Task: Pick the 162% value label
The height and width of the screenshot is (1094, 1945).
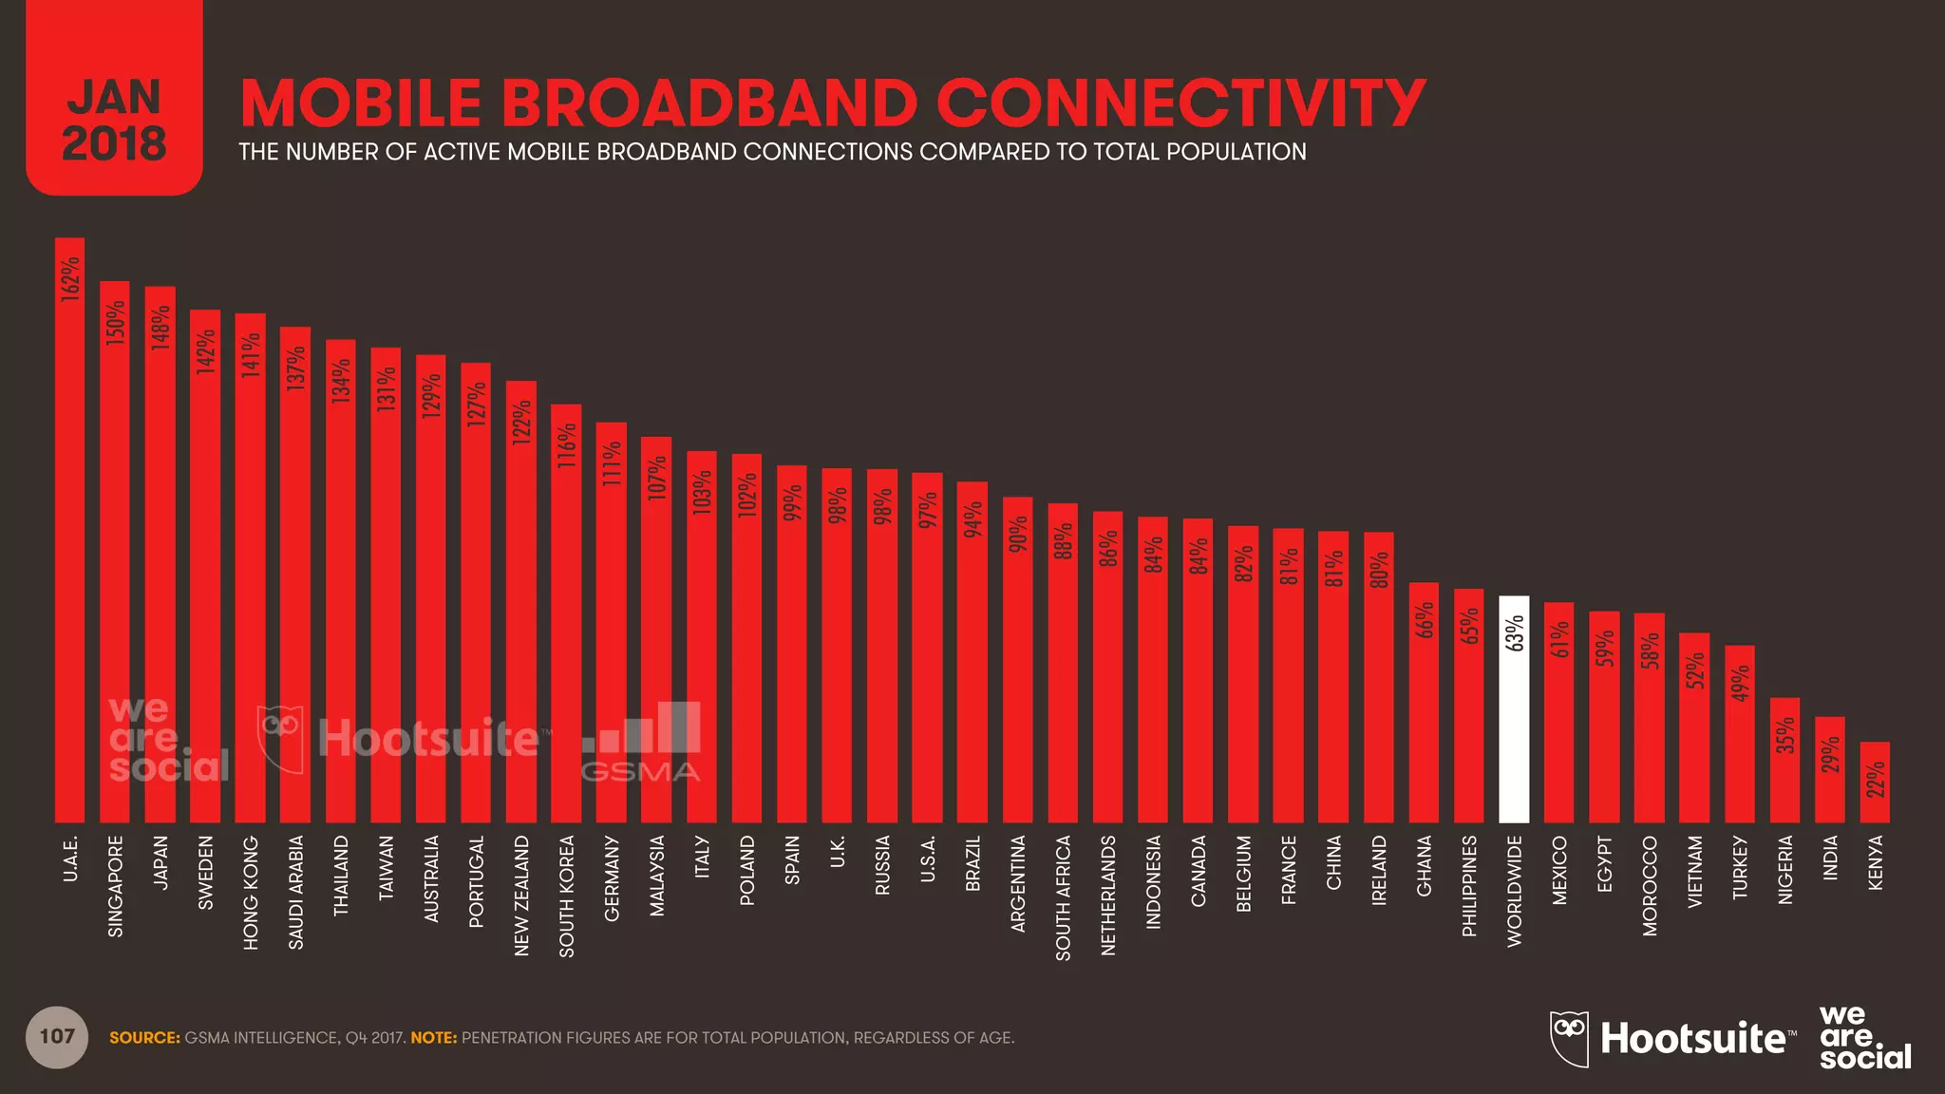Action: point(70,279)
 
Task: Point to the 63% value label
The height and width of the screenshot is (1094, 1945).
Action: point(1515,633)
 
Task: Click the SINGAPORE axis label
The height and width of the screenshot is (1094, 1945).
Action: point(115,885)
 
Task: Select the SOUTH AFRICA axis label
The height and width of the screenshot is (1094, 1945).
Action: point(1063,897)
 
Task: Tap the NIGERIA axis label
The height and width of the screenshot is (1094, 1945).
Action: point(1785,869)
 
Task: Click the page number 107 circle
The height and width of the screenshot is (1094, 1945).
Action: point(57,1037)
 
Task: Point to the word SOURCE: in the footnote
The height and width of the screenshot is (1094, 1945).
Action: point(144,1038)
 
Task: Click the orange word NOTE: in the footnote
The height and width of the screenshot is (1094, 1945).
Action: point(433,1038)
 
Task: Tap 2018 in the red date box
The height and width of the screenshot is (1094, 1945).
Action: point(114,144)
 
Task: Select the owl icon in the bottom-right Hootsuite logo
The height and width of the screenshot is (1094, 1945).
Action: point(1569,1038)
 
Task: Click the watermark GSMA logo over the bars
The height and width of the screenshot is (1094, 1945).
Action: point(641,743)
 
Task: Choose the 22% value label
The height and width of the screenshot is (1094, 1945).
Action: point(1876,780)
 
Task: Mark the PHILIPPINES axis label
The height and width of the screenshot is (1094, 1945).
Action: point(1469,885)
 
